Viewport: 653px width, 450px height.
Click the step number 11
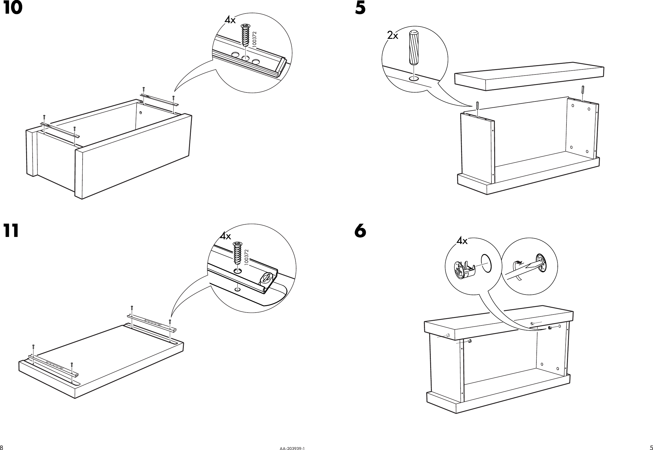click(11, 231)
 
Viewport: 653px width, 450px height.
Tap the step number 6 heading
click(360, 231)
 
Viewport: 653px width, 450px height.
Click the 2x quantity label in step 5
click(393, 35)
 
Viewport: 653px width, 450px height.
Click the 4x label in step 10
click(230, 20)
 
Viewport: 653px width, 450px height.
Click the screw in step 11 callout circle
click(238, 252)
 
